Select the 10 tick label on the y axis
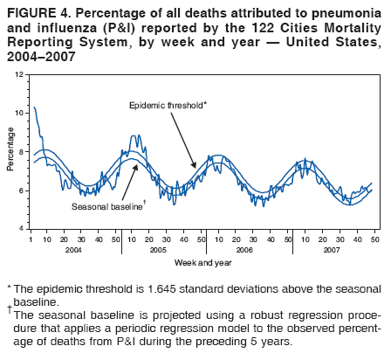[20, 114]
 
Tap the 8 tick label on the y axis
[22, 152]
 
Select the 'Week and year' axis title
[202, 262]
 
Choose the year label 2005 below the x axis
[159, 249]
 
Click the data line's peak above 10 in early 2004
[34, 107]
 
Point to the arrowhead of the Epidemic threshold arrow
[194, 166]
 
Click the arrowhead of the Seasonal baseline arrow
[137, 165]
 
